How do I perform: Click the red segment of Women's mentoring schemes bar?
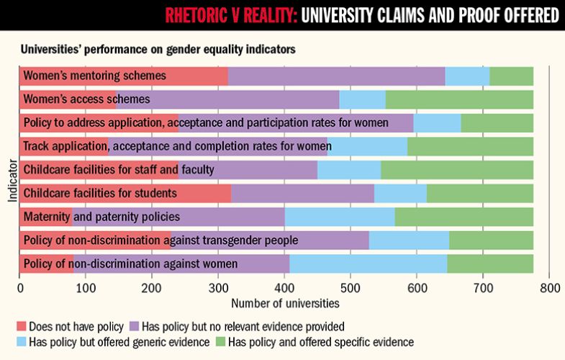click(x=123, y=76)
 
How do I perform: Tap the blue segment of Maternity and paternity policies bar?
click(x=347, y=217)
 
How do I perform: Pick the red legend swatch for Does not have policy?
click(x=20, y=325)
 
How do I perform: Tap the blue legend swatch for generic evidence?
click(x=20, y=340)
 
